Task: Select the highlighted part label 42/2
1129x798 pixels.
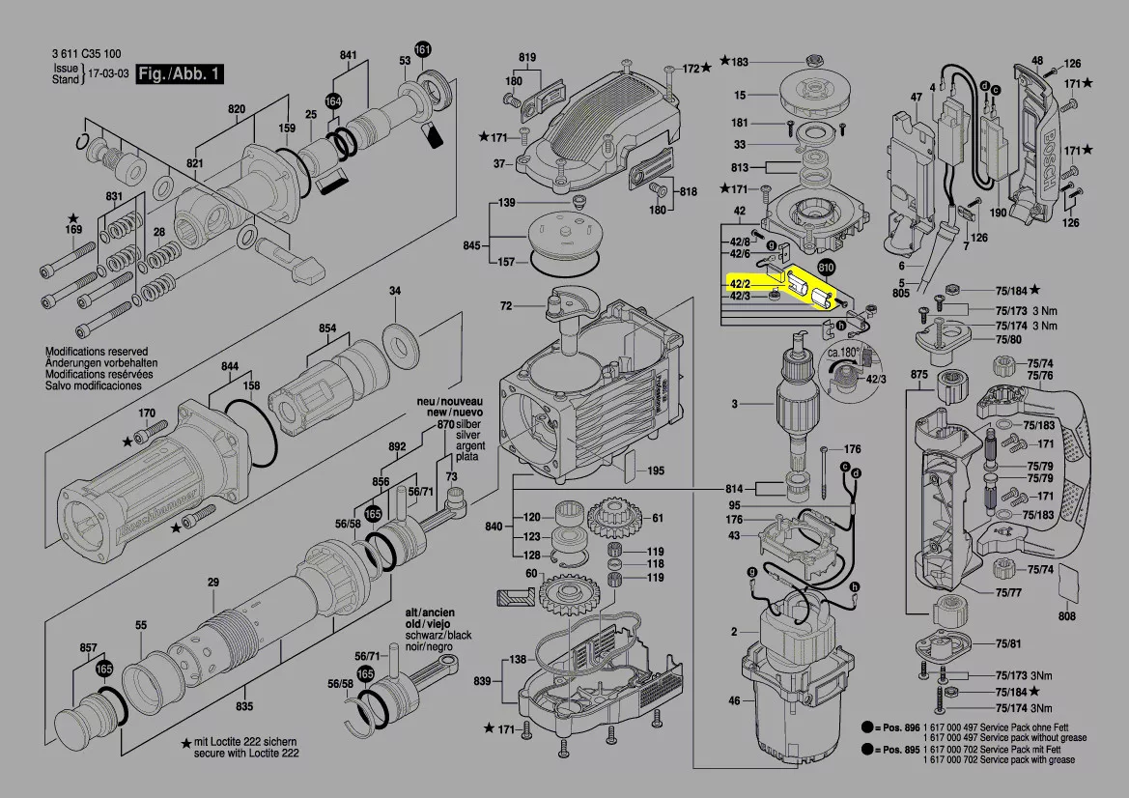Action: [740, 283]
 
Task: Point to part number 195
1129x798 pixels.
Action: [656, 470]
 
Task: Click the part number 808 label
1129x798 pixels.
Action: [1067, 615]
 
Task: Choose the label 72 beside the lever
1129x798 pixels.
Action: [506, 306]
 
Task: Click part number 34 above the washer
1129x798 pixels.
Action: [395, 291]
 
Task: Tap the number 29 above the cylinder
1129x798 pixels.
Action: [213, 582]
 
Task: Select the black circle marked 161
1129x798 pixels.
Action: [423, 49]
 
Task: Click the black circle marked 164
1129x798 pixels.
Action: [333, 100]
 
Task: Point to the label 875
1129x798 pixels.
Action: [918, 374]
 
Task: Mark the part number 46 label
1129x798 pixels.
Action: [734, 699]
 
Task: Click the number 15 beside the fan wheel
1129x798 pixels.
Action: [740, 95]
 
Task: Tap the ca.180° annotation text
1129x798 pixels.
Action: [843, 353]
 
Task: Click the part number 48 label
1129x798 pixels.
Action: [1037, 60]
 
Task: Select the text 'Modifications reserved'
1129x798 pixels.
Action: [97, 352]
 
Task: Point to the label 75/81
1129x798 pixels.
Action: [1008, 643]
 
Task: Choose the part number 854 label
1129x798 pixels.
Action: [328, 328]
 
